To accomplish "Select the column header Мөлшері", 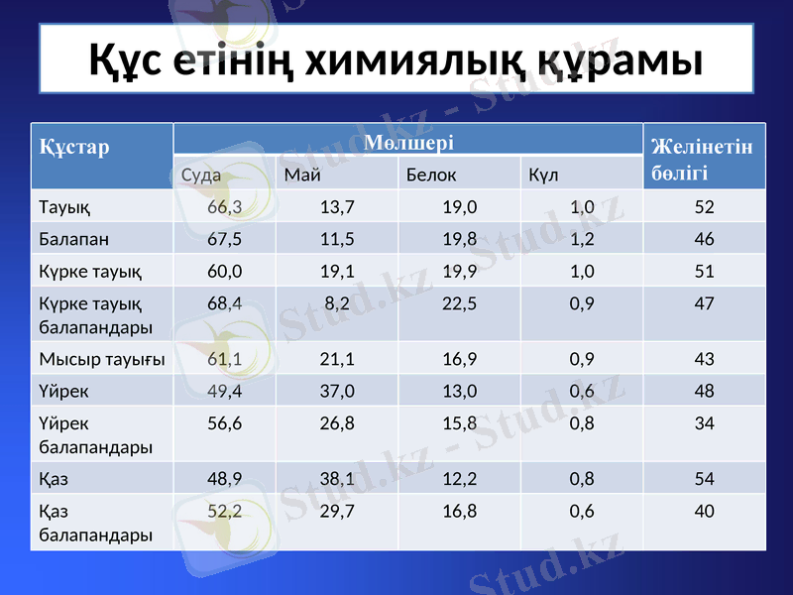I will point(408,142).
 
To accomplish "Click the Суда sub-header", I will point(201,176).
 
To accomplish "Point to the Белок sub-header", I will point(431,176).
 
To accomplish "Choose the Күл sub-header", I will point(543,176).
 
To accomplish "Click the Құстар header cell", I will point(74,149).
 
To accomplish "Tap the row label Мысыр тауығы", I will point(101,358).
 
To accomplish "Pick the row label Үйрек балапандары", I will point(95,434).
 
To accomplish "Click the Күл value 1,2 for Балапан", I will point(582,239).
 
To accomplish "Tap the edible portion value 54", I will point(704,479).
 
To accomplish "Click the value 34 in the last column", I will point(704,422).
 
